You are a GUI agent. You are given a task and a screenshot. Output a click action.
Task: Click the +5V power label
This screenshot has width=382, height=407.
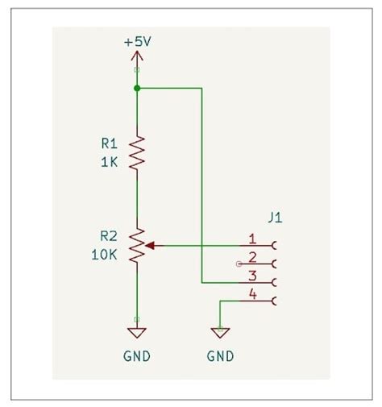137,41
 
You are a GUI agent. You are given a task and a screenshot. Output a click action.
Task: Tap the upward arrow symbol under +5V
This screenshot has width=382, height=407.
137,57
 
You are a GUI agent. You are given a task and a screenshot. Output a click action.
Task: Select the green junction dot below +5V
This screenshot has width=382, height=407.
137,88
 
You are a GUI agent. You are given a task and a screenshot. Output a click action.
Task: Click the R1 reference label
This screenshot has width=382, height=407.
109,143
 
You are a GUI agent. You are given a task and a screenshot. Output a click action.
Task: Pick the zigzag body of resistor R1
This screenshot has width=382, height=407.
137,152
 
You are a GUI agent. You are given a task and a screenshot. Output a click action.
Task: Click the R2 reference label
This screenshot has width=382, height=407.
109,236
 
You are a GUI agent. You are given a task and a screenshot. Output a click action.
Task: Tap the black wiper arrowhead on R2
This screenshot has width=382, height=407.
150,244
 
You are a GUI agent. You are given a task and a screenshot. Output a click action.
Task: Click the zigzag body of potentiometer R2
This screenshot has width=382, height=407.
137,244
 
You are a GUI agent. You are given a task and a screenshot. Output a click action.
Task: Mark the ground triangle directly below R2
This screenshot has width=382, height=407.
137,331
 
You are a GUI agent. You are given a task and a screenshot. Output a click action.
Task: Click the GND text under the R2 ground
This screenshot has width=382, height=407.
137,355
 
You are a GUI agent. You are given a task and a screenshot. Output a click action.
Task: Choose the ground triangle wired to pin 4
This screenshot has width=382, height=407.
219,331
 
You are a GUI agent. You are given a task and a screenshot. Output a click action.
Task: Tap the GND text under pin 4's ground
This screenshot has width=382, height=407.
219,355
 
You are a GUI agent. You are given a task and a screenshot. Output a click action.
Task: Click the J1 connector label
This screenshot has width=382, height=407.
275,218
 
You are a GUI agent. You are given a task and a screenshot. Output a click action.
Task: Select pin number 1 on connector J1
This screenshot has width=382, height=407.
252,239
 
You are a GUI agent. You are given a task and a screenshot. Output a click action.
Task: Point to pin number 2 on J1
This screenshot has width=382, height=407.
252,258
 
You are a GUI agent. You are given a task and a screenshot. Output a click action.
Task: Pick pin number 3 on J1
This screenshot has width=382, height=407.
252,276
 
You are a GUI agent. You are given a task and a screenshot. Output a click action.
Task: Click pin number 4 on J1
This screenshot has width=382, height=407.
252,296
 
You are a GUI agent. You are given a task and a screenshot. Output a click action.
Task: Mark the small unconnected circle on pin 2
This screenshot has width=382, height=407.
238,264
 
